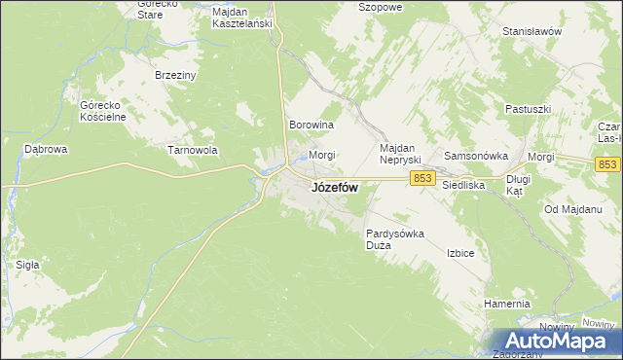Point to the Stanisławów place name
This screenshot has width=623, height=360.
(532, 31)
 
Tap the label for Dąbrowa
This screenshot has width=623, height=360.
(45, 150)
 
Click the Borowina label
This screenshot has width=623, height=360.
(311, 126)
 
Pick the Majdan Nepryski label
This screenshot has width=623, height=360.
(398, 153)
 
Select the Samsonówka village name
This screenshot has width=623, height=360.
(477, 156)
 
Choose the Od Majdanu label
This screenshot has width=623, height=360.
(569, 210)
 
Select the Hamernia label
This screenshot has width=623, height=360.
(506, 304)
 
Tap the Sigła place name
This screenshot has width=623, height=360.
(27, 264)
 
